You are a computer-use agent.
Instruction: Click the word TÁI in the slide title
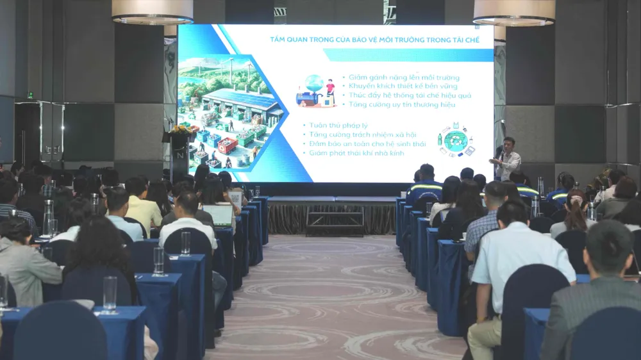[450, 40]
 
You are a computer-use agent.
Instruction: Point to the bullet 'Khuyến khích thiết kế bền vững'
[397, 86]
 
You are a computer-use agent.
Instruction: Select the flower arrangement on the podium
[179, 129]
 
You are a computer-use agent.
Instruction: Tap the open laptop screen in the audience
[217, 215]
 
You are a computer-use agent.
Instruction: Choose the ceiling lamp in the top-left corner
[152, 12]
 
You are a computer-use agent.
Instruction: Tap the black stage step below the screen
[335, 221]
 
